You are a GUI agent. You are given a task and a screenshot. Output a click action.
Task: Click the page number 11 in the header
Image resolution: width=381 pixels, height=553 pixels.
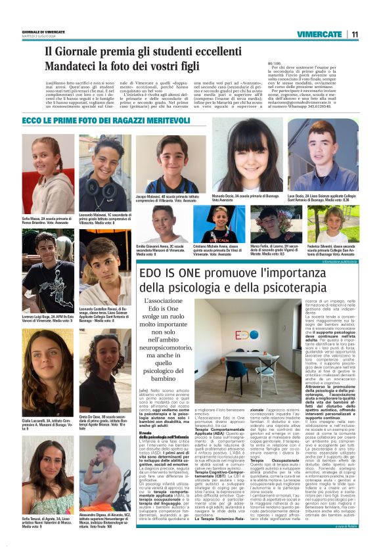click(x=354, y=34)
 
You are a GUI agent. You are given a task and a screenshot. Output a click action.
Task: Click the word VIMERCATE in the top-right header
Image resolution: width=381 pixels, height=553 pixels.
click(x=319, y=34)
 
